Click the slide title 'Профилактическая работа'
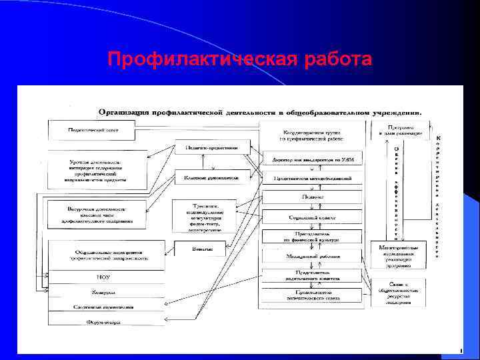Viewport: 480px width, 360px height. coord(239,60)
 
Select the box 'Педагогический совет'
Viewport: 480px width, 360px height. coord(93,129)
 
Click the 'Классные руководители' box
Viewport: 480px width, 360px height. coord(212,177)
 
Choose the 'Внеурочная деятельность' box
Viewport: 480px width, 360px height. coord(96,213)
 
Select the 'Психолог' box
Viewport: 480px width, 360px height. coord(312,197)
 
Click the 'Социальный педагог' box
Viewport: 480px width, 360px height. coord(312,217)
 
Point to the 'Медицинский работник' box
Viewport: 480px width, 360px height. coord(312,255)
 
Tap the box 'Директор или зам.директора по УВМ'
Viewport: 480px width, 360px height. coord(312,160)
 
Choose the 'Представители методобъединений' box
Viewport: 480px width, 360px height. coord(312,178)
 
